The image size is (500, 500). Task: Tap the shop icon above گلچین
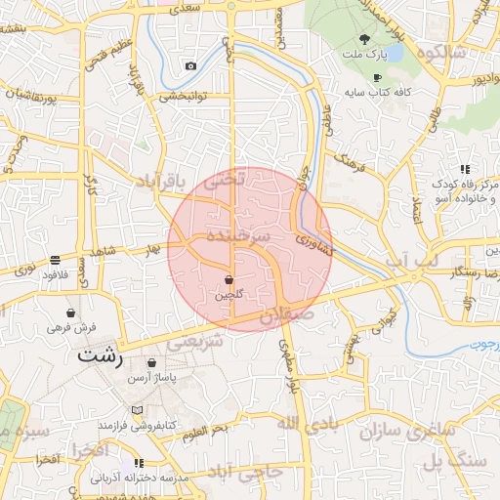point(229,279)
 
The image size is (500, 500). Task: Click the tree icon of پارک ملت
point(364,39)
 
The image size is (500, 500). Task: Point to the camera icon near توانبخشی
point(190,66)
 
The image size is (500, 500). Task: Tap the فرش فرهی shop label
point(73,329)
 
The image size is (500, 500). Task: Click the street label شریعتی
point(197,344)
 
